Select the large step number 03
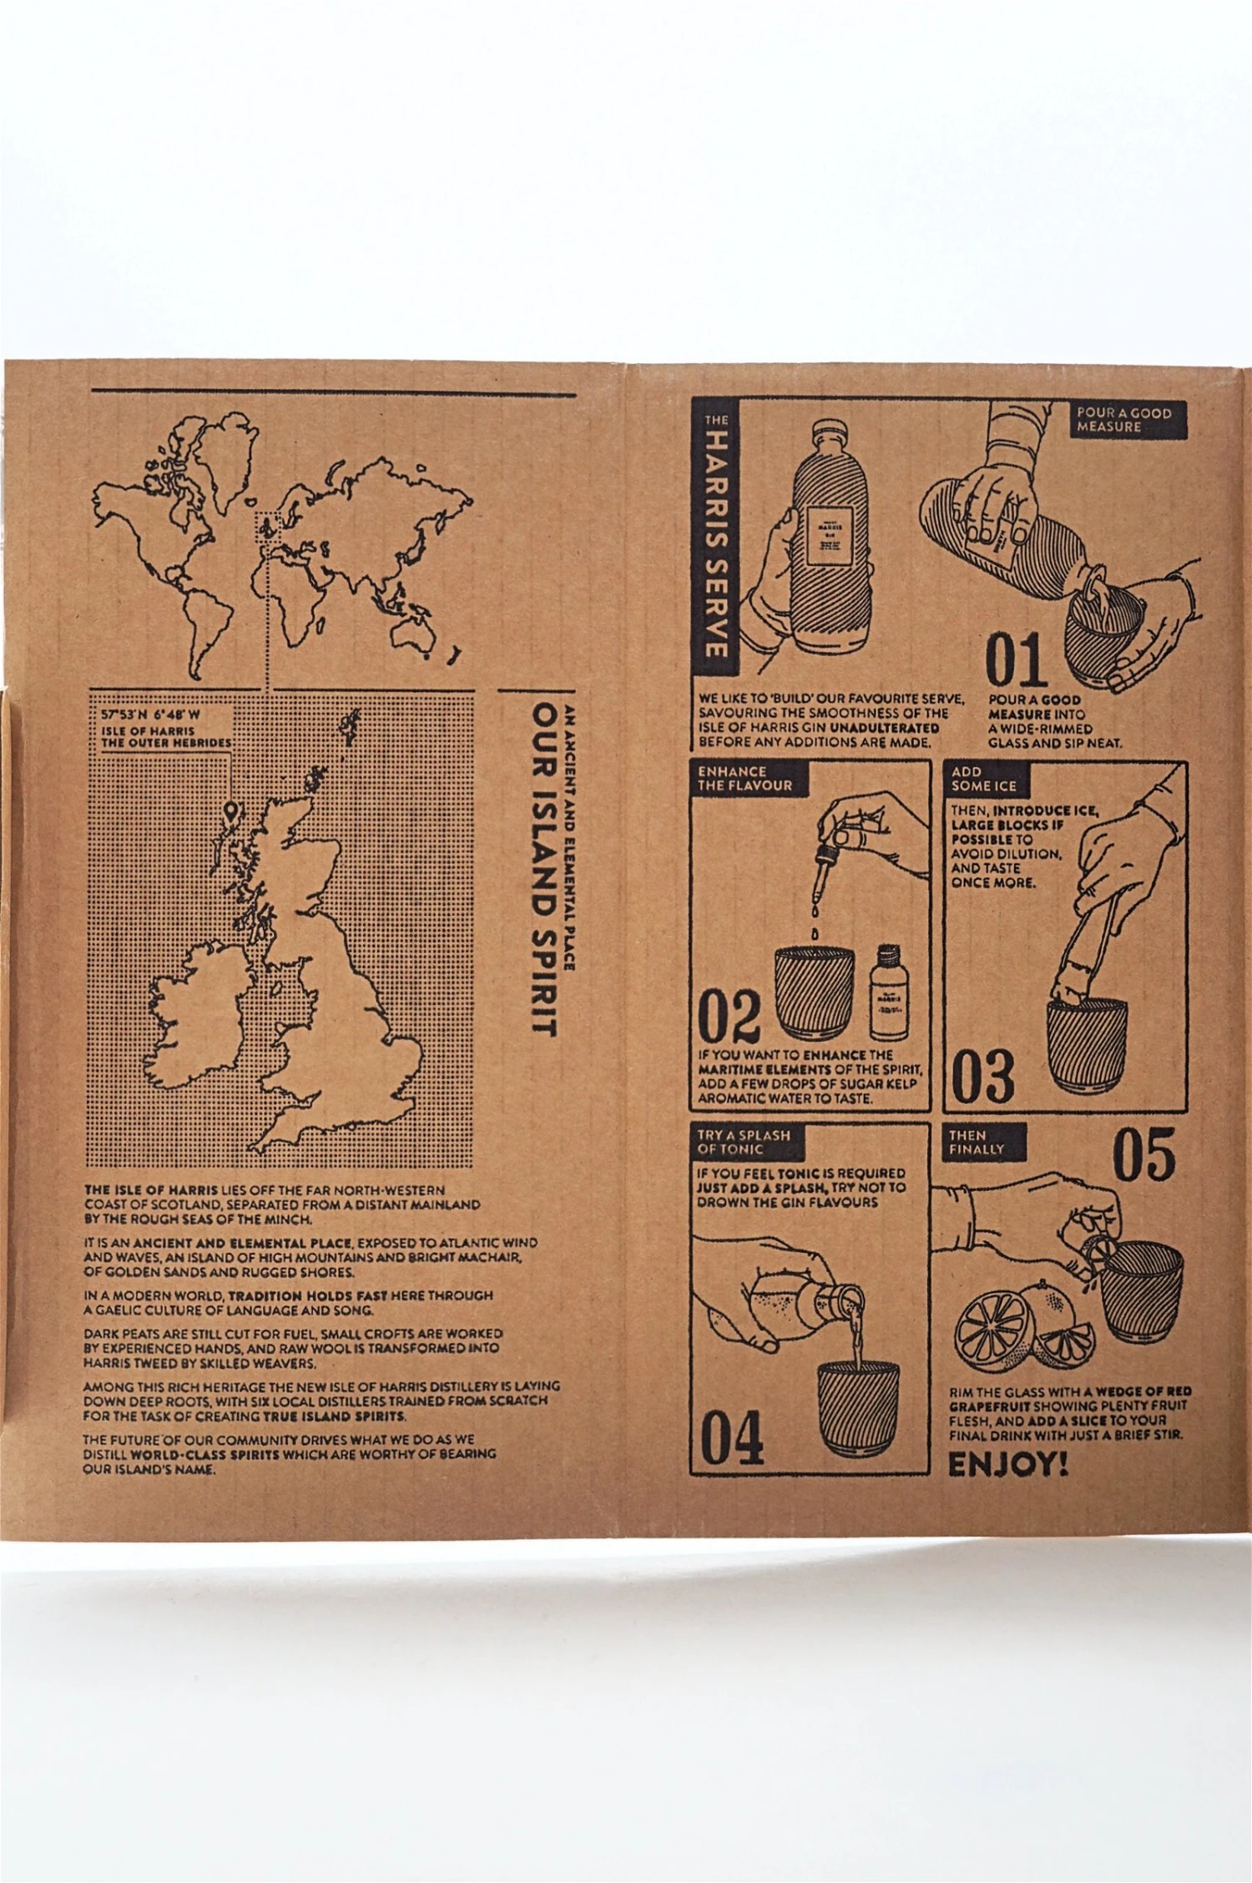(982, 1076)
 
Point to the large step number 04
(731, 1438)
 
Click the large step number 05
(1143, 1155)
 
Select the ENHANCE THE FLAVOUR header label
(745, 778)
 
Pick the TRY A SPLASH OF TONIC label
(743, 1142)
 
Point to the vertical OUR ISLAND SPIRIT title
(545, 868)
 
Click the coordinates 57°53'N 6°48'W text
(150, 715)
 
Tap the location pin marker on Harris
(231, 810)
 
